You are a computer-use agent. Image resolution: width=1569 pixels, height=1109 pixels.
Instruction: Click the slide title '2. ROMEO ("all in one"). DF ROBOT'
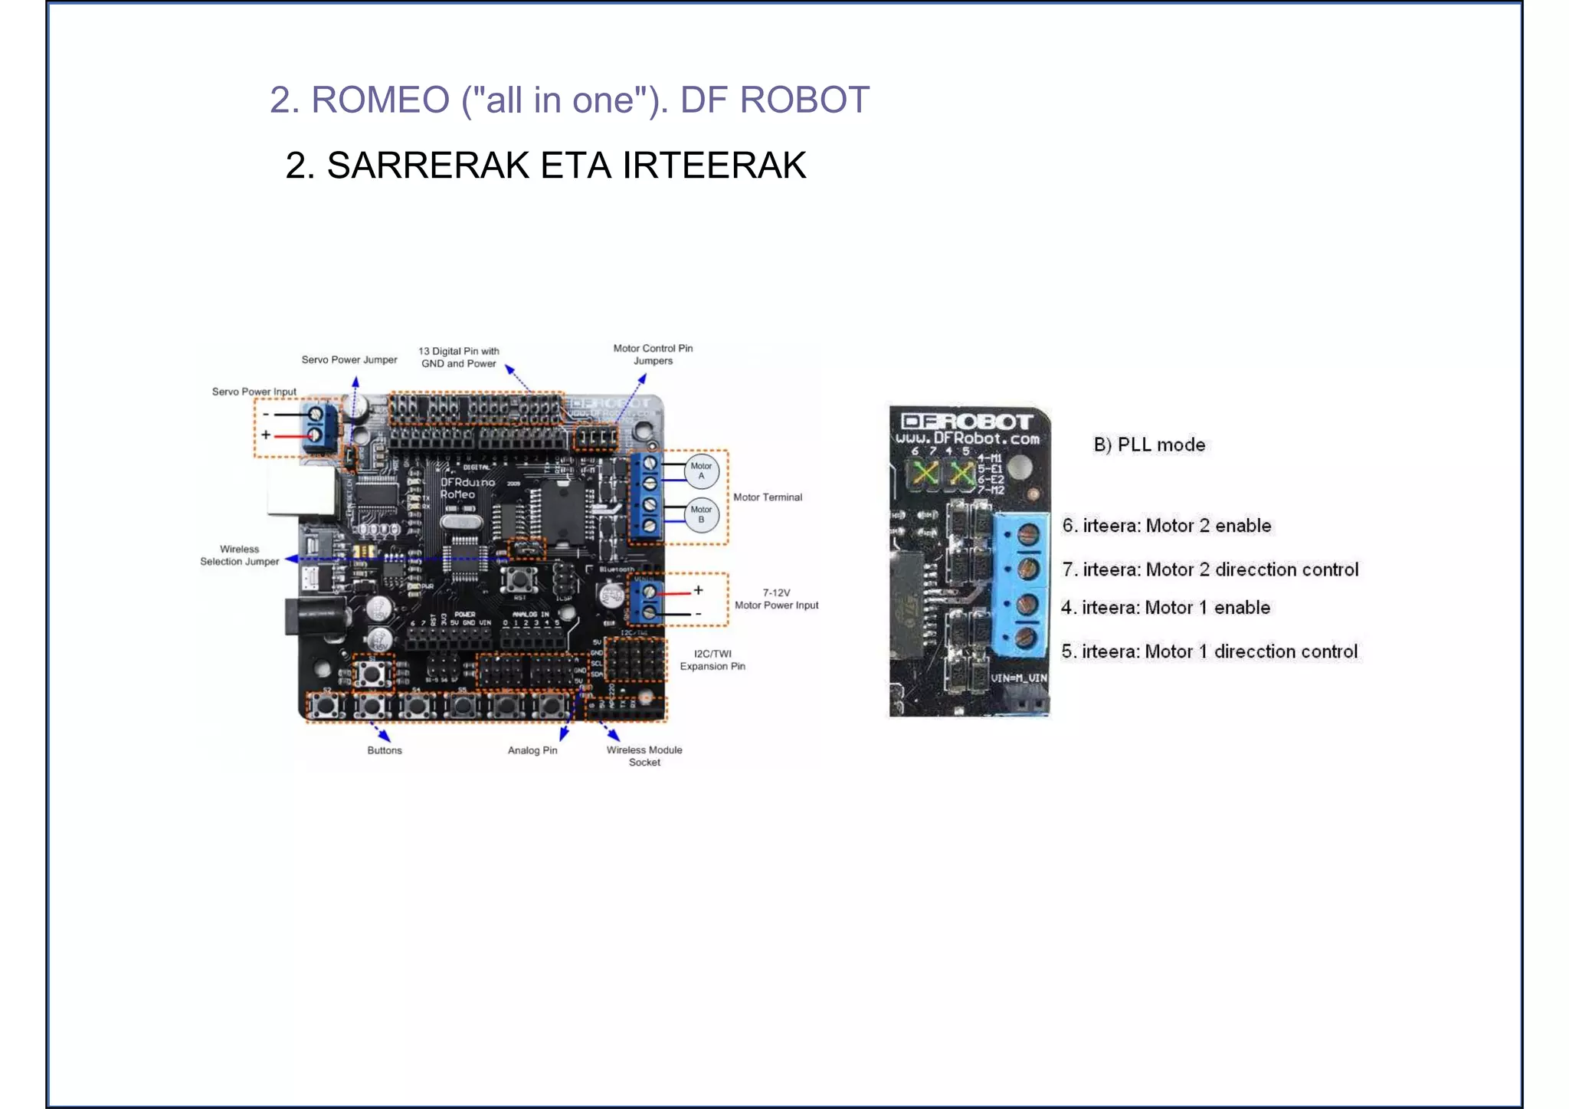(x=569, y=100)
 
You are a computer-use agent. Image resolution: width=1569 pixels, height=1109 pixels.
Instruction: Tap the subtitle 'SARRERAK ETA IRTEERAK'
(x=566, y=166)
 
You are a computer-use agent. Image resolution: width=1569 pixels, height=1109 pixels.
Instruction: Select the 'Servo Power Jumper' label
(x=349, y=359)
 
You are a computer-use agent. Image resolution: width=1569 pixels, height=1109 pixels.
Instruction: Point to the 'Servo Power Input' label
(x=254, y=392)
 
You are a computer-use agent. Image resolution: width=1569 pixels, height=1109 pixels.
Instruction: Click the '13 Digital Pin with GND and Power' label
(x=459, y=357)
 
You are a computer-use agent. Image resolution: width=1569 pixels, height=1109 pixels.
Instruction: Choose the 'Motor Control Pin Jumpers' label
(x=653, y=354)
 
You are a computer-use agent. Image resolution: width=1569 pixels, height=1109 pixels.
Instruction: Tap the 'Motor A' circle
(x=701, y=471)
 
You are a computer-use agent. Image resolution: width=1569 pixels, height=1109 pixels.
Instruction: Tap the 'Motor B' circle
(x=701, y=514)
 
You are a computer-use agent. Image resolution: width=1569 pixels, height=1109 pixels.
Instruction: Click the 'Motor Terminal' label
(x=767, y=497)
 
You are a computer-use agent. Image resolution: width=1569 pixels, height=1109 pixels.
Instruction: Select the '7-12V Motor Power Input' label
(x=776, y=599)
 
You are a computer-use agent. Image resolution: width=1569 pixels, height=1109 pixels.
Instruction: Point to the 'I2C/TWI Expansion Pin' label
(x=712, y=660)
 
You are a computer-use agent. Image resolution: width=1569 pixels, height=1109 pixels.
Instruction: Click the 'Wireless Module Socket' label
(x=644, y=756)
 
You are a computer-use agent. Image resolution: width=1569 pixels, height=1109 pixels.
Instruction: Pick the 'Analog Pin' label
(x=532, y=750)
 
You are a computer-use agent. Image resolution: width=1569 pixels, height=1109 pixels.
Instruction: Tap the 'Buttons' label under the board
(x=384, y=750)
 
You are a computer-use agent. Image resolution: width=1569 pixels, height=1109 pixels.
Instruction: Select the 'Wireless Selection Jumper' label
(x=240, y=555)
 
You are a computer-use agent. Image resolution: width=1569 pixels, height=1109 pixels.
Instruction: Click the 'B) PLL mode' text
(x=1149, y=445)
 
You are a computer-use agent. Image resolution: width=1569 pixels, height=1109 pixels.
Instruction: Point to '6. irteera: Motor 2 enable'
(x=1166, y=526)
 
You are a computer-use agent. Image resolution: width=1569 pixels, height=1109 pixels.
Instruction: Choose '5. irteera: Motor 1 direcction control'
(x=1209, y=651)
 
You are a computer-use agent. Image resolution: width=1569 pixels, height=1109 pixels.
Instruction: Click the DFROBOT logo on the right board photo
(x=967, y=422)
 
